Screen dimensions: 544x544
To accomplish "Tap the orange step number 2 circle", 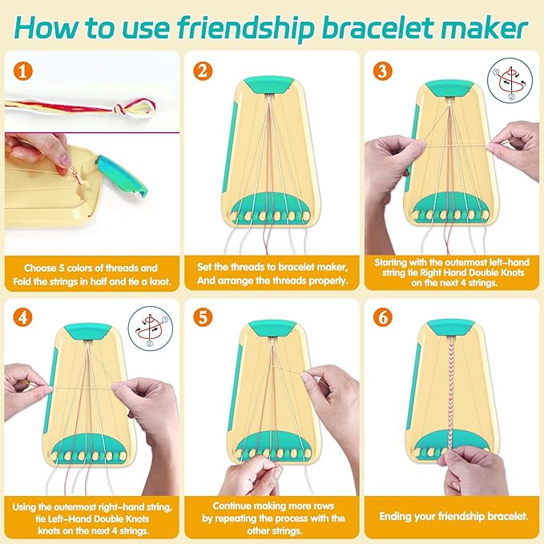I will pos(203,71).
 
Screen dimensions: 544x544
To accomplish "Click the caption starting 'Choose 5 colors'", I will pos(91,275).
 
